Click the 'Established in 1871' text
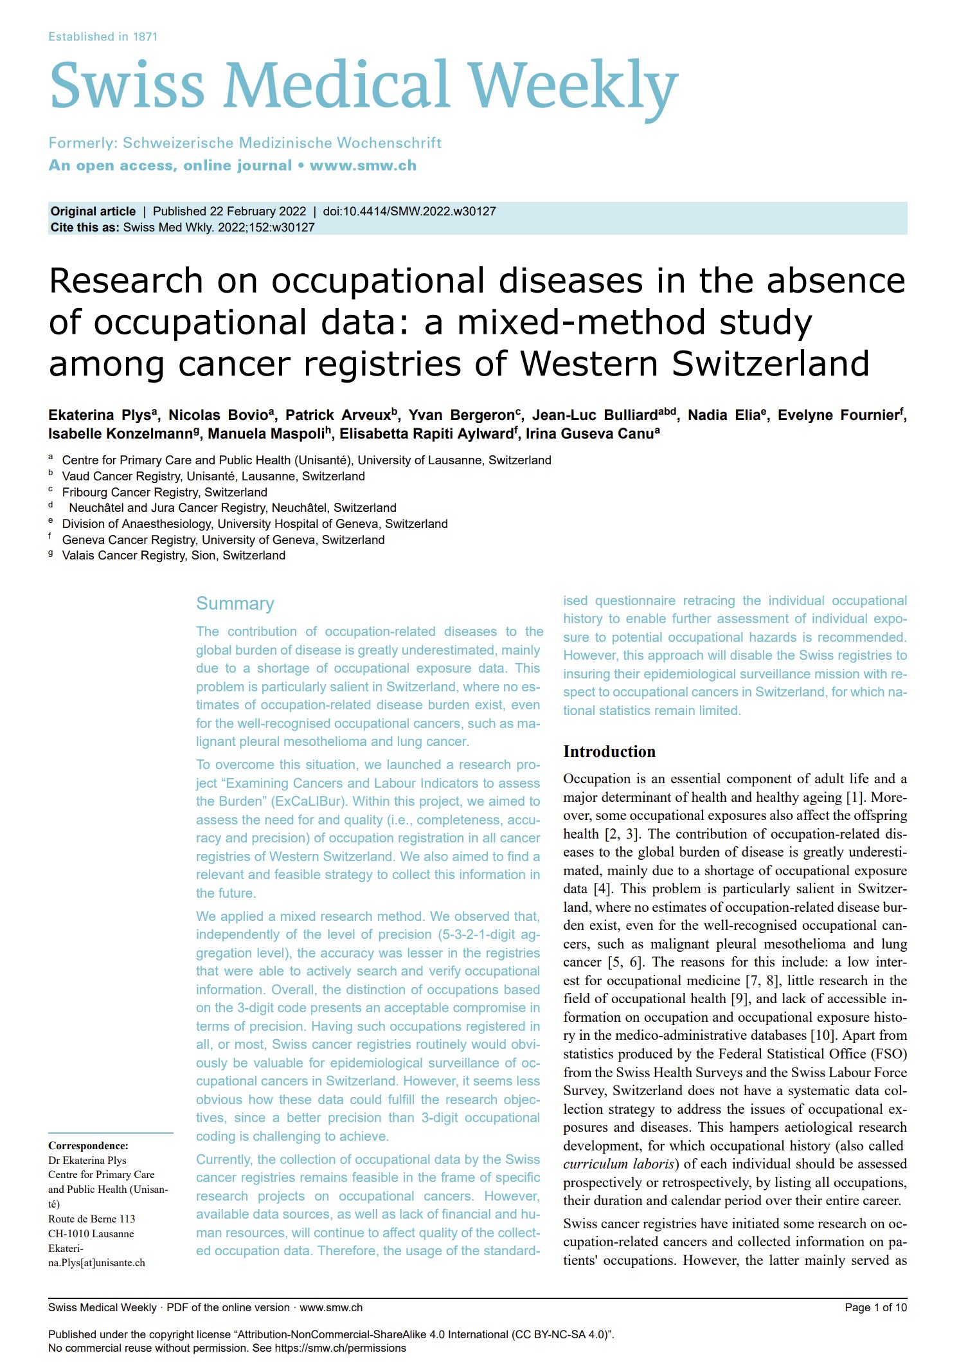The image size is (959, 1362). [103, 37]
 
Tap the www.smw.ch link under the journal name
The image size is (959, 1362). [363, 165]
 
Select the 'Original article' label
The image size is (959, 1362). [93, 211]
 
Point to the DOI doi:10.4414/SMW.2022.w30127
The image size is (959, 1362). [409, 211]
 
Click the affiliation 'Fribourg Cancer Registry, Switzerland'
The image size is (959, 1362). [165, 492]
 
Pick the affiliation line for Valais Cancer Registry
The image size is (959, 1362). [174, 555]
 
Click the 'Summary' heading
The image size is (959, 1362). [235, 603]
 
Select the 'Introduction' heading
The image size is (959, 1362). [609, 751]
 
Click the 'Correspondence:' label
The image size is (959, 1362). [88, 1145]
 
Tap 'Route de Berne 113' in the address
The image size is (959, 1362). [92, 1219]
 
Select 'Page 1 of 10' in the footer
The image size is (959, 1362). [875, 1307]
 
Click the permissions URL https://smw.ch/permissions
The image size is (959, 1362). [340, 1348]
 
